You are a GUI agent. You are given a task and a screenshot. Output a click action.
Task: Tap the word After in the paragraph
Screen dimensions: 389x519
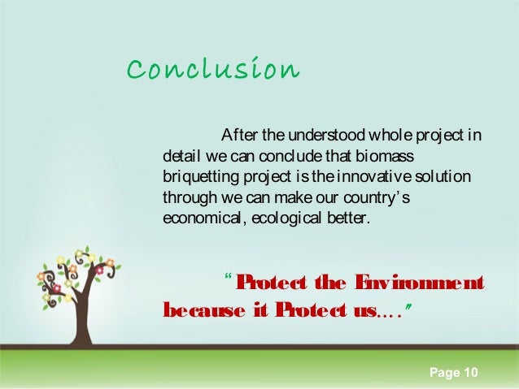click(x=238, y=134)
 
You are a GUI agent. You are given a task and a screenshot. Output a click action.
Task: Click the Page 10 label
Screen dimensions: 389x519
click(x=453, y=373)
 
